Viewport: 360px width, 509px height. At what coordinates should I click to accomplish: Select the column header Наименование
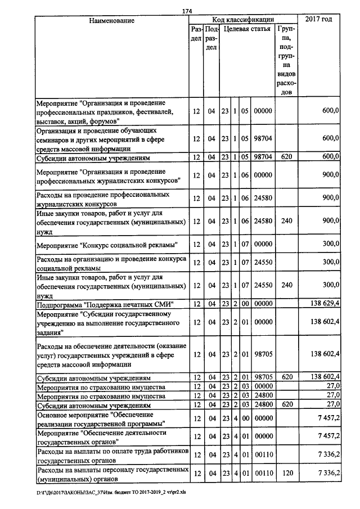[112, 20]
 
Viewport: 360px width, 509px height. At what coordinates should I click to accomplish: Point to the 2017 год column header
[318, 20]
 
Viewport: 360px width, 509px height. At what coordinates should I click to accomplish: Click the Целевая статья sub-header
[246, 28]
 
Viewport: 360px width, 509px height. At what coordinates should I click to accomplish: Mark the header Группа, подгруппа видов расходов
[287, 60]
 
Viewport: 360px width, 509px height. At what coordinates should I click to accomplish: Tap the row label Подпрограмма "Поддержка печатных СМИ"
[105, 304]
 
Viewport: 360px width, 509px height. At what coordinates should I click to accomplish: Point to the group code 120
[287, 474]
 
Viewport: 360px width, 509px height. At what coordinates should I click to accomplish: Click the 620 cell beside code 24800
[287, 404]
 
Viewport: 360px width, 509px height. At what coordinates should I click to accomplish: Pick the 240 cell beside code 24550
[287, 285]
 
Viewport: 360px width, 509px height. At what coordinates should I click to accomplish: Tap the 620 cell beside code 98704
[287, 157]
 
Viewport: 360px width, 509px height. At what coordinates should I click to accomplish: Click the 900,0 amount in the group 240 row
[328, 222]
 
